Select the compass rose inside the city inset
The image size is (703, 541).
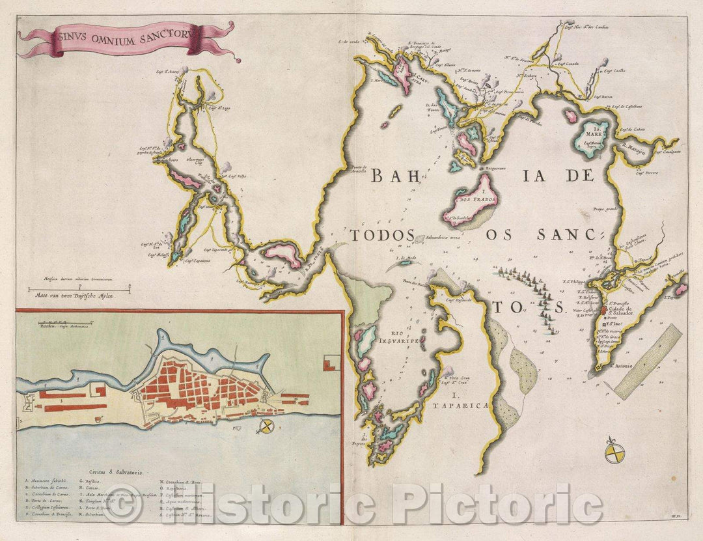click(265, 427)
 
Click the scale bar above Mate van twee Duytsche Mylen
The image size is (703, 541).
click(78, 287)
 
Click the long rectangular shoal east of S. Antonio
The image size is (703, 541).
click(648, 361)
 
